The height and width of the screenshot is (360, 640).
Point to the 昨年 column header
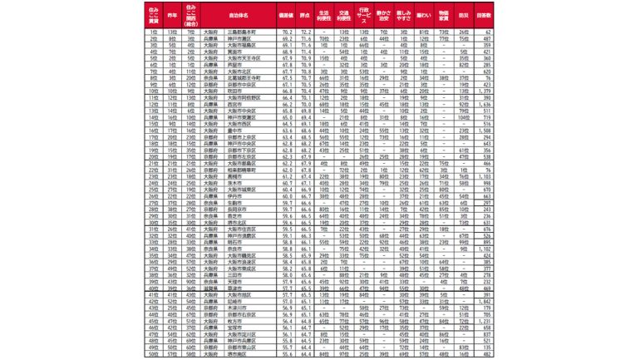click(171, 14)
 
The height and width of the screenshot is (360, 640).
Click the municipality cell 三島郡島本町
click(249, 31)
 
